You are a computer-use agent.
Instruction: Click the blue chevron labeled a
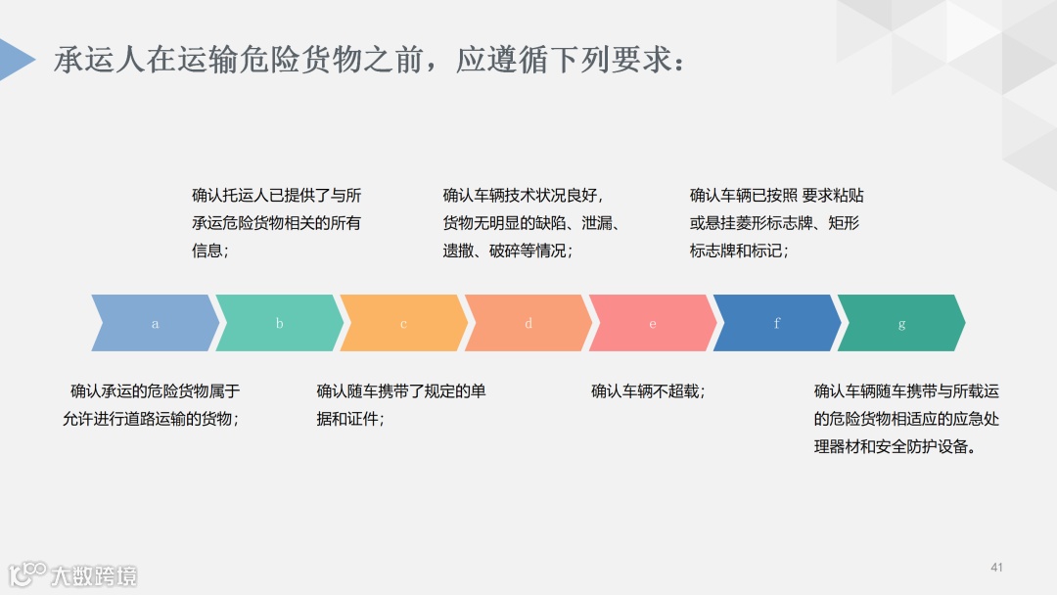[155, 323]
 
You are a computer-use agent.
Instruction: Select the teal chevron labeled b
[279, 323]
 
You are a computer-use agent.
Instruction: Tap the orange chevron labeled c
[403, 323]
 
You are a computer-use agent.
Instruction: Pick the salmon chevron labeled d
[528, 323]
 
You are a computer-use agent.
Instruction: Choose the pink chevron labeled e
[653, 323]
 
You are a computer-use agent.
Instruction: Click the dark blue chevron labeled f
[777, 323]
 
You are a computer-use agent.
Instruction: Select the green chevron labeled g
[901, 323]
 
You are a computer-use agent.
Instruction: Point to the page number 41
[997, 568]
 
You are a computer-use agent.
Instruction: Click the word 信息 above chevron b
[207, 251]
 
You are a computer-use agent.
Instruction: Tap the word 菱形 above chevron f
[757, 223]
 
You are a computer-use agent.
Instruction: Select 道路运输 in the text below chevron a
[146, 419]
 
